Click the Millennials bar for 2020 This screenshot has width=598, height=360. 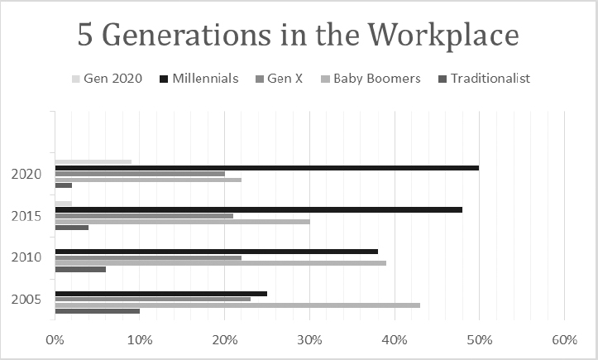[267, 168]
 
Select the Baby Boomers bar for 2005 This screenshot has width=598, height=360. [237, 305]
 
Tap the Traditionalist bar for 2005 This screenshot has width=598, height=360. [98, 311]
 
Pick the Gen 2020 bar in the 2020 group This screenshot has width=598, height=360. [93, 162]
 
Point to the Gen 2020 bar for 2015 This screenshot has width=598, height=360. [64, 204]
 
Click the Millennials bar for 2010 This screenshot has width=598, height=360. [217, 252]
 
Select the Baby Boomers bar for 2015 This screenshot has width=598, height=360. [182, 222]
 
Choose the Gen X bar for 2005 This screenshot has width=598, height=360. [153, 300]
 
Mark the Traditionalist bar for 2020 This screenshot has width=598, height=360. [64, 185]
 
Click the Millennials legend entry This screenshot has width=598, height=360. [199, 79]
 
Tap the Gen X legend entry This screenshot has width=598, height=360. [279, 79]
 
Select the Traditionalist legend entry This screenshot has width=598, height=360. [485, 79]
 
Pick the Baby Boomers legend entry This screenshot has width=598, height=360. [371, 79]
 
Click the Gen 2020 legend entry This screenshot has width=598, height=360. [107, 79]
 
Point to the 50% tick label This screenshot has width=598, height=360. [480, 340]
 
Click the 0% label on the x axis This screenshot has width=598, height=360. [55, 340]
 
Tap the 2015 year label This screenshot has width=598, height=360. [26, 217]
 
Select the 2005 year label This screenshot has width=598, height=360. [26, 300]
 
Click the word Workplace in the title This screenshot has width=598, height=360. [443, 36]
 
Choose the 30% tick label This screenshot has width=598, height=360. [309, 340]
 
